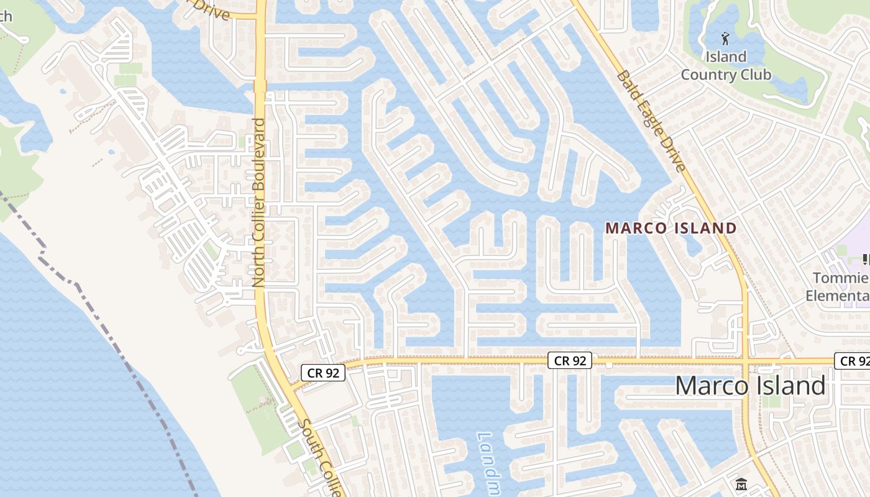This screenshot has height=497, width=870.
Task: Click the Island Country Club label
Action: pyautogui.click(x=726, y=66)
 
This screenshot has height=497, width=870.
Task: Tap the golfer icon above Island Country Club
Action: pyautogui.click(x=725, y=38)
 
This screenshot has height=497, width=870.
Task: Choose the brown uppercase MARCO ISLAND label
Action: pyautogui.click(x=671, y=228)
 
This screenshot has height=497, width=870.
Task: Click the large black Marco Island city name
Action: pyautogui.click(x=750, y=386)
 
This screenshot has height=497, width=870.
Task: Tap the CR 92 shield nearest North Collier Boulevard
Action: pyautogui.click(x=323, y=373)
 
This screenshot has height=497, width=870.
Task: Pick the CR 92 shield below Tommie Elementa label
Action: pyautogui.click(x=853, y=361)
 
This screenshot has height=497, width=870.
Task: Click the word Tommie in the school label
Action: pyautogui.click(x=840, y=278)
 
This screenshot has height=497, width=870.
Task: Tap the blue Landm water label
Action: pyautogui.click(x=488, y=463)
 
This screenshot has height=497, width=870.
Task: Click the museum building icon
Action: pyautogui.click(x=741, y=483)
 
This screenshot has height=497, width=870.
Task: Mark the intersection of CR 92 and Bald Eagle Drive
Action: pyautogui.click(x=746, y=360)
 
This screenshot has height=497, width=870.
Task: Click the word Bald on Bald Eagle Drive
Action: pyautogui.click(x=627, y=84)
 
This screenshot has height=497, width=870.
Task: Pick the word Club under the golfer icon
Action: pyautogui.click(x=756, y=75)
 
